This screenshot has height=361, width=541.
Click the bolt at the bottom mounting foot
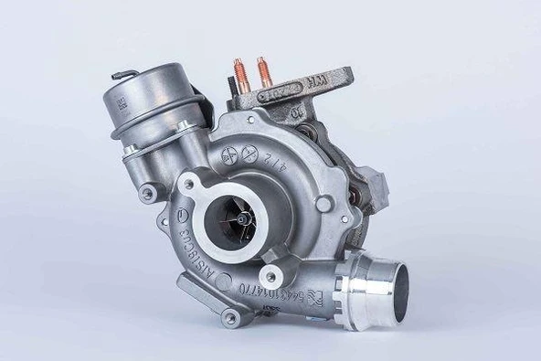click(x=230, y=317)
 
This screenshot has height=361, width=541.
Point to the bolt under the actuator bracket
click(x=146, y=192)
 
